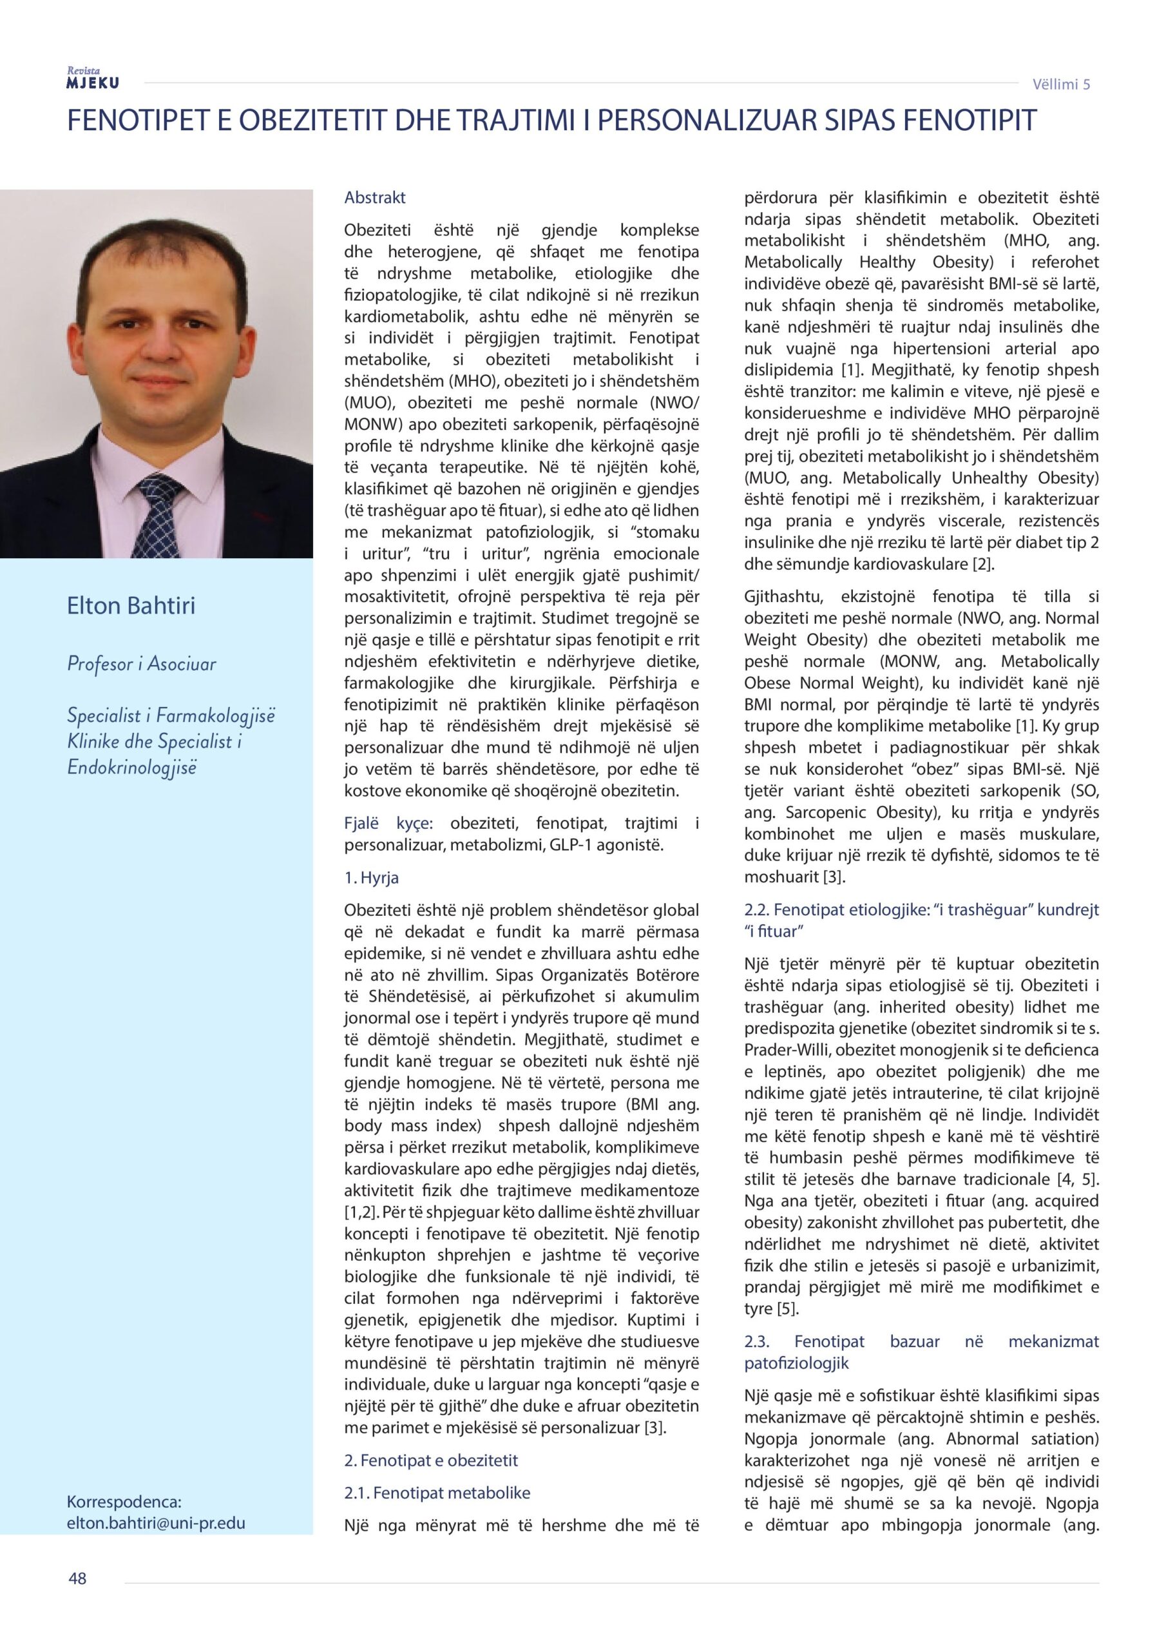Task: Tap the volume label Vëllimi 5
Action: click(1061, 84)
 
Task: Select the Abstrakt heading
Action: click(375, 198)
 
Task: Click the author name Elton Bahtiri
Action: click(131, 606)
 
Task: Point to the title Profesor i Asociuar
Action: click(142, 664)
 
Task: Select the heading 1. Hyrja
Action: click(372, 878)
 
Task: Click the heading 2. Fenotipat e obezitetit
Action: click(431, 1461)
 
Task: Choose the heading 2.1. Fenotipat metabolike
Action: click(437, 1493)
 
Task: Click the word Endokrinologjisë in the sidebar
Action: click(131, 768)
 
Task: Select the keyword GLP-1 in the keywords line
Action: click(592, 845)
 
